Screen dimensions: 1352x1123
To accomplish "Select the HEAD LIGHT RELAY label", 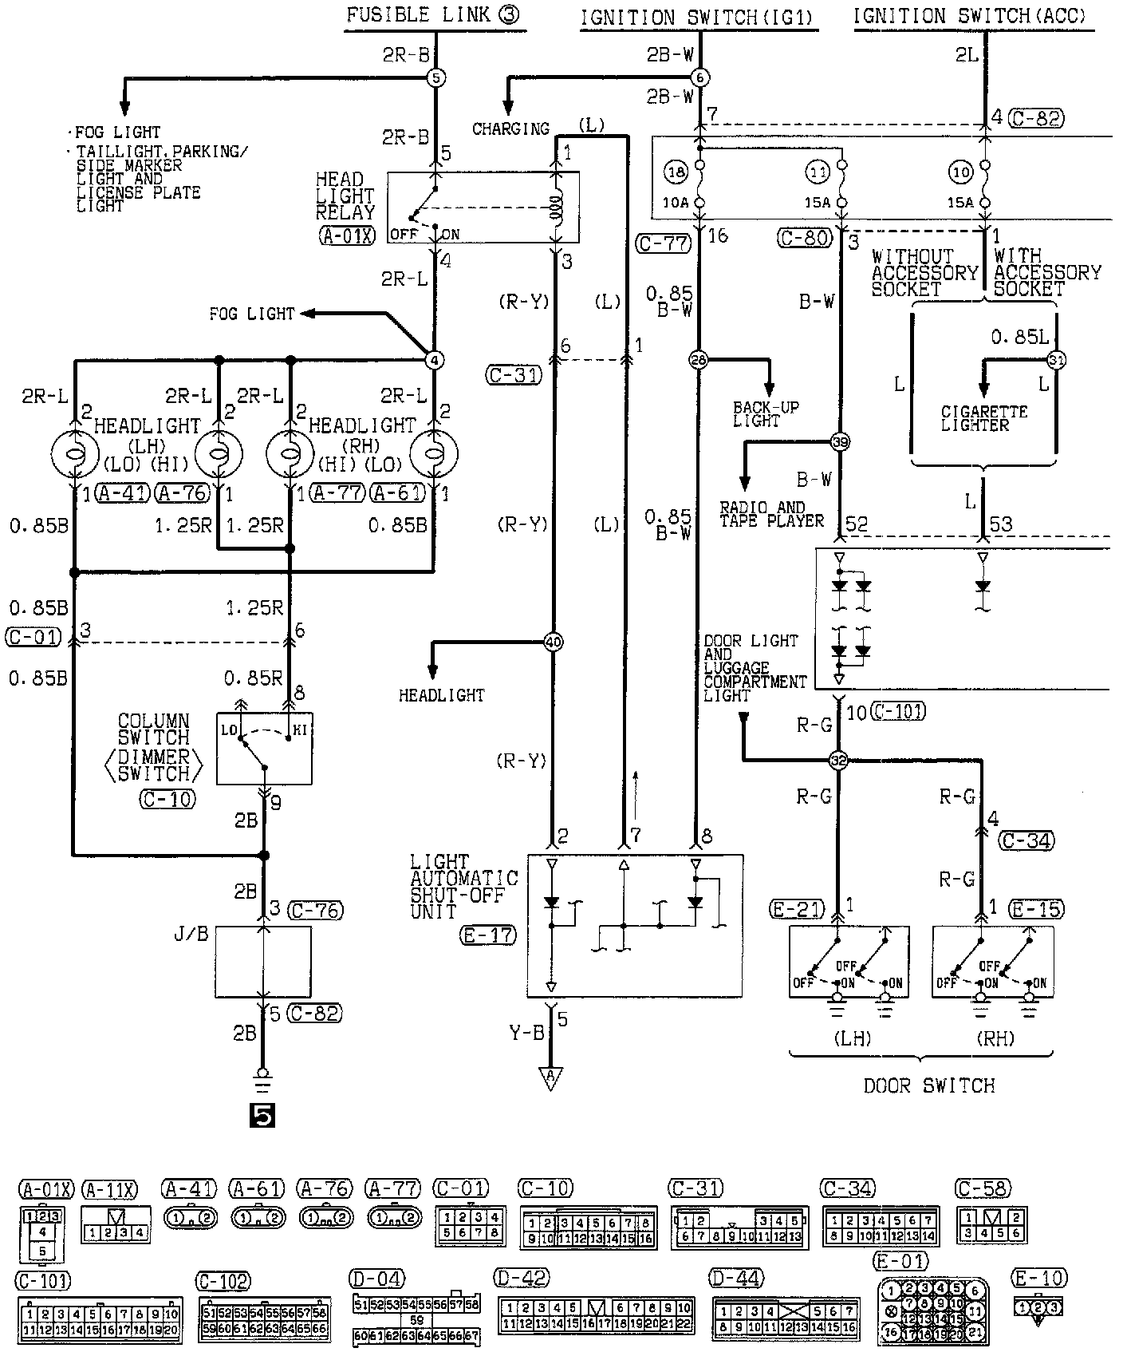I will click(345, 196).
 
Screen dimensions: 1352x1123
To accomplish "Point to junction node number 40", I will click(553, 642).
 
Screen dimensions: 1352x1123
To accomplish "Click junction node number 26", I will click(699, 361).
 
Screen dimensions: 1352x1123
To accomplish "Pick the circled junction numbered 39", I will click(840, 441).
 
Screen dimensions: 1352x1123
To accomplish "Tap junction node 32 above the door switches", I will click(838, 760).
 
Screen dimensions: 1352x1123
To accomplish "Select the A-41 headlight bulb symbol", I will click(74, 456).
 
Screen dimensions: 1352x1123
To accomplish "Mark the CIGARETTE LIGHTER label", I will click(984, 419).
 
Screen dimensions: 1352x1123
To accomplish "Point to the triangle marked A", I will click(550, 1078).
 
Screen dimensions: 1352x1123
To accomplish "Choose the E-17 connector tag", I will click(488, 935).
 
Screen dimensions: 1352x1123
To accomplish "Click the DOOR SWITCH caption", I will click(929, 1085).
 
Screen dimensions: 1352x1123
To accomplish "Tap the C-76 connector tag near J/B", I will click(316, 910).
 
